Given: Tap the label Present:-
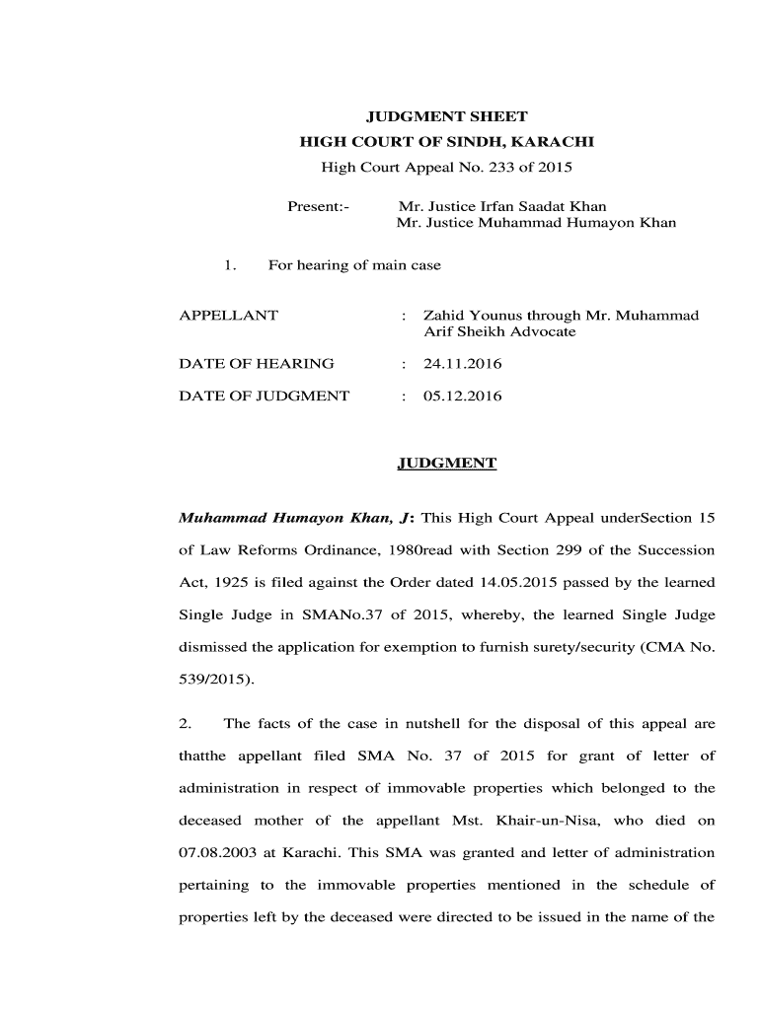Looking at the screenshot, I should pos(318,206).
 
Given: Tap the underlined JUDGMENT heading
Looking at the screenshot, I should pos(446,463).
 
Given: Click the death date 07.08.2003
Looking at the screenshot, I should pos(212,852).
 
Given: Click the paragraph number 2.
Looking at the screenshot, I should pos(184,724).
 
